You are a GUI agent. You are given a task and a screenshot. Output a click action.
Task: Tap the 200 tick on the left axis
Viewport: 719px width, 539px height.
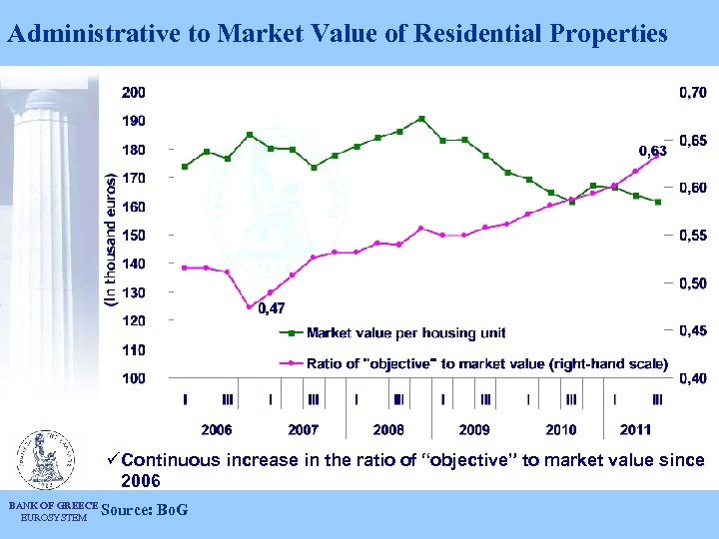pos(133,92)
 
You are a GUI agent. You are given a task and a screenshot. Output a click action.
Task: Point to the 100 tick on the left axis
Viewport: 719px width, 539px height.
pos(133,378)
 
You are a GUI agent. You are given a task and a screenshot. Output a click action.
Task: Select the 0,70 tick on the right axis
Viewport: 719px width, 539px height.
pos(692,92)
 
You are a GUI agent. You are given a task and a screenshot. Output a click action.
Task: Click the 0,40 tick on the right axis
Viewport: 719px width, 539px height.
pos(692,378)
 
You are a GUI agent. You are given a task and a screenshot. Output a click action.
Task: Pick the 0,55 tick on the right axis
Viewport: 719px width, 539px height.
pos(692,236)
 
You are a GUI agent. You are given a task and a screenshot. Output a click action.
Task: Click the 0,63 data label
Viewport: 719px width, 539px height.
pos(652,151)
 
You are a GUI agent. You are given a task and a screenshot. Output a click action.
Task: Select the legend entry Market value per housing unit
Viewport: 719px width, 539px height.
pos(405,332)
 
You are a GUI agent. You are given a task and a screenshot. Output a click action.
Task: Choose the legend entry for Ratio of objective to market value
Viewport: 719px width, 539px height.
pos(487,364)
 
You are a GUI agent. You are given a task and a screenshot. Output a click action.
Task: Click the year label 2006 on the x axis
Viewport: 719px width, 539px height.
pos(217,429)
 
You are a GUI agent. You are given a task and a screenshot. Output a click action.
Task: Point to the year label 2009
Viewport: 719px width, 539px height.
pos(474,429)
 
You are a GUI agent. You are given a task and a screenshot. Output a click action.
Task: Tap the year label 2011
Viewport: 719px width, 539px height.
pos(635,429)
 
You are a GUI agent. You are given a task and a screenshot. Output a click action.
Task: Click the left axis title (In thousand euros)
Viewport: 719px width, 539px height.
pos(111,239)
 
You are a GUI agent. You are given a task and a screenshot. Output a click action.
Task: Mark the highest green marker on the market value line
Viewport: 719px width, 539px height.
pos(421,119)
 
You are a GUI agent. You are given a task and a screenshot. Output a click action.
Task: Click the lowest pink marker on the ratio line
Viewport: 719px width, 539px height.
pos(250,306)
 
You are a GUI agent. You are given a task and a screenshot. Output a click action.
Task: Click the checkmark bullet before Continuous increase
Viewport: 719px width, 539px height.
pos(113,460)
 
